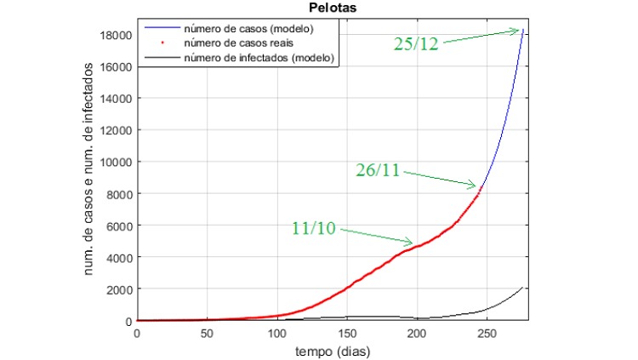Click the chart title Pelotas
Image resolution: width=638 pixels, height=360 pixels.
click(x=333, y=8)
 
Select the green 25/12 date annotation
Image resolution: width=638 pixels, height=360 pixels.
click(x=416, y=43)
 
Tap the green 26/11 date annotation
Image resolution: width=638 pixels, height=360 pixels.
click(x=378, y=170)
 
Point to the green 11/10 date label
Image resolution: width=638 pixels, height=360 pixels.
click(x=314, y=228)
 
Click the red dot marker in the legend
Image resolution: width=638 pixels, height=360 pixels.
click(x=162, y=43)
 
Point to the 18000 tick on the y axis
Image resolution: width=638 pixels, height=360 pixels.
click(x=116, y=36)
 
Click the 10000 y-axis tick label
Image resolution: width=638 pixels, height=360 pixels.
click(x=116, y=162)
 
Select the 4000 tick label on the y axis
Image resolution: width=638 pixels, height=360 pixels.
click(x=119, y=258)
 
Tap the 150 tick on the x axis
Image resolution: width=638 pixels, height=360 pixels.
click(x=347, y=334)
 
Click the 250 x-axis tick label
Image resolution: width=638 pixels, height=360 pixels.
click(x=487, y=334)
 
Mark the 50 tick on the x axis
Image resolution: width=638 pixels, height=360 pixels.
click(x=207, y=334)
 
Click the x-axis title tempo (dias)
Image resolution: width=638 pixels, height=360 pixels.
click(x=333, y=351)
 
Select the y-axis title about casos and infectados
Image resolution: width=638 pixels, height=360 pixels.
click(x=88, y=169)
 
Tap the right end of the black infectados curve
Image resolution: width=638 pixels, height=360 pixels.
click(x=522, y=288)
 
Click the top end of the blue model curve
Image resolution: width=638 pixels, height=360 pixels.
click(x=523, y=30)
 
